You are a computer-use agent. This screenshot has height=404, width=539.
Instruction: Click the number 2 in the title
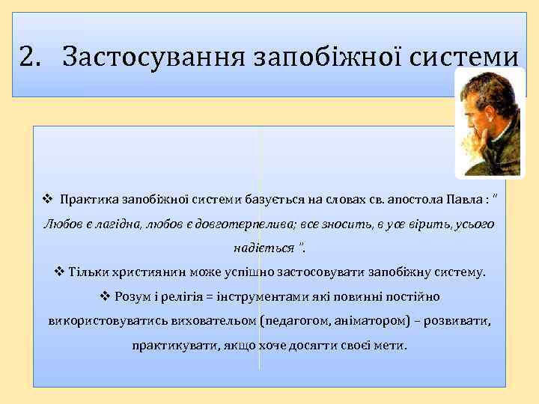point(28,55)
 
